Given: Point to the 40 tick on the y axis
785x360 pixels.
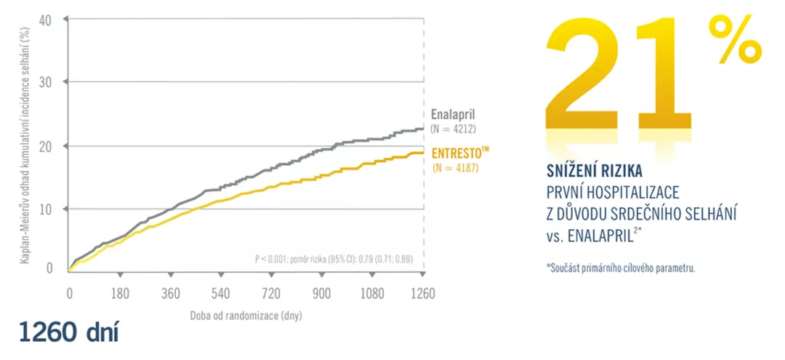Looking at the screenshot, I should point(46,20).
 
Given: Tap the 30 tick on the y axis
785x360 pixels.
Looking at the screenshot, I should point(46,82).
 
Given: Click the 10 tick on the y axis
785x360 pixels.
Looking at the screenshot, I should point(46,209).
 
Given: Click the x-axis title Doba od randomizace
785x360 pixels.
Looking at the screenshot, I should point(246,316).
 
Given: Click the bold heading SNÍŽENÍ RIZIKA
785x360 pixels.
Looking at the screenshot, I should point(593,171).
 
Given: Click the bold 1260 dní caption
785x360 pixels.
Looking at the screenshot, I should point(70,332).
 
